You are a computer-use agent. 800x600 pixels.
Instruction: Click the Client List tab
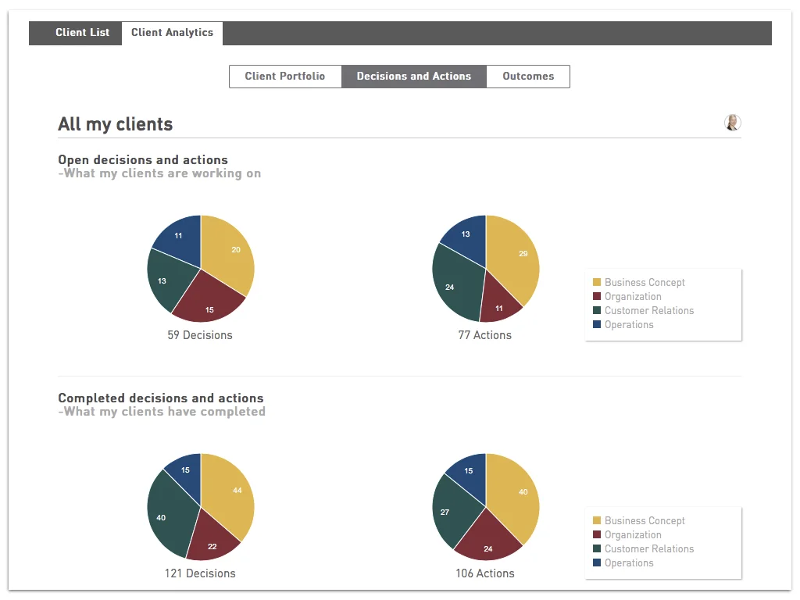click(82, 33)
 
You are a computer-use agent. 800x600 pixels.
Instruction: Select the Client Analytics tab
click(172, 33)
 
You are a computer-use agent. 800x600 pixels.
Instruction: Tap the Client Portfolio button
click(285, 77)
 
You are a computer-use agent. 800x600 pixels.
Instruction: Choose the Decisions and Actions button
click(414, 77)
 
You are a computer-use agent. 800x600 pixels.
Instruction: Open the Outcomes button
click(528, 77)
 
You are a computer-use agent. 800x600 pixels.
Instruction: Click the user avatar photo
click(732, 123)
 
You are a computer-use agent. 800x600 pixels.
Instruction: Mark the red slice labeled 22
click(212, 544)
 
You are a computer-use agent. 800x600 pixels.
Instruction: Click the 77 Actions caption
click(484, 335)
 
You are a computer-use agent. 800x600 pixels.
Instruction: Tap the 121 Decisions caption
click(200, 573)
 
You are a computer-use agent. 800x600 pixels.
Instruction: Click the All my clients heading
click(116, 124)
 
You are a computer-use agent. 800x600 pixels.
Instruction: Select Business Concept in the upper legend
click(645, 283)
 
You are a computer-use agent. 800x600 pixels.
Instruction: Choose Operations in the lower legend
click(629, 563)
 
